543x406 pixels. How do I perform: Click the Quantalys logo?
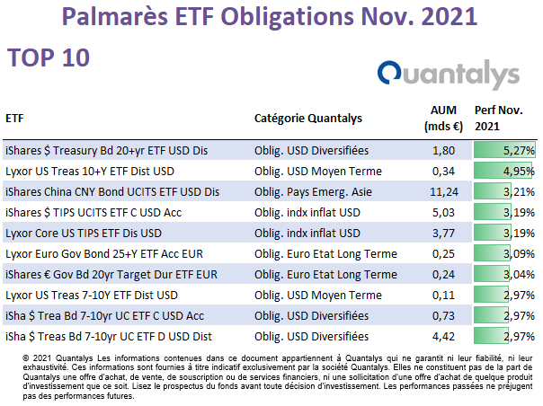point(449,75)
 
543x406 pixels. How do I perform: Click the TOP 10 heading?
point(49,57)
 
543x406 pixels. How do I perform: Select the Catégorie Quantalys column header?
point(308,119)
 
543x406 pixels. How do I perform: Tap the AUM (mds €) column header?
point(443,119)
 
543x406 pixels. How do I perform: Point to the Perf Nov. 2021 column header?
point(499,119)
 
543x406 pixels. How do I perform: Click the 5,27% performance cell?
point(504,151)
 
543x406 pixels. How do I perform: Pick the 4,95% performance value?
point(504,172)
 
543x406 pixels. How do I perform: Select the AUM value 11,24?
point(444,191)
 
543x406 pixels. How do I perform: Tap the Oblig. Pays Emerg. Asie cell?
point(313,191)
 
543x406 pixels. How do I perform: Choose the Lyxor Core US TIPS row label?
point(84,234)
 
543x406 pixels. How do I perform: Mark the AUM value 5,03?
point(443,213)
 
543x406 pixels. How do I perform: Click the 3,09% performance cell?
point(504,254)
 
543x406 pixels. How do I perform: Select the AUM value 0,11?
point(443,296)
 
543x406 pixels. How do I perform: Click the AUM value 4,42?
point(443,337)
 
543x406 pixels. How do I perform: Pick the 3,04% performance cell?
point(504,275)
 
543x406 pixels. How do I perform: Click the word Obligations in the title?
point(288,17)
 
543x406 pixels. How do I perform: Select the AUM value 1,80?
point(443,151)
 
